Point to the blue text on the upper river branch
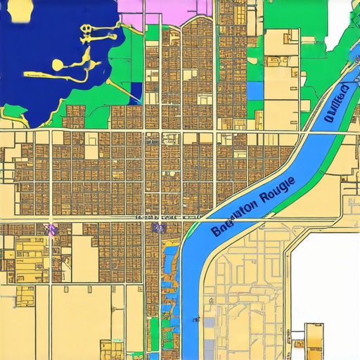337,104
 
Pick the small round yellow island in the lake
56,65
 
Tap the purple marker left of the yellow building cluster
51,229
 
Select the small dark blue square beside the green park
136,89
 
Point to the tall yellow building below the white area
314,337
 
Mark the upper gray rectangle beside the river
210,326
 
